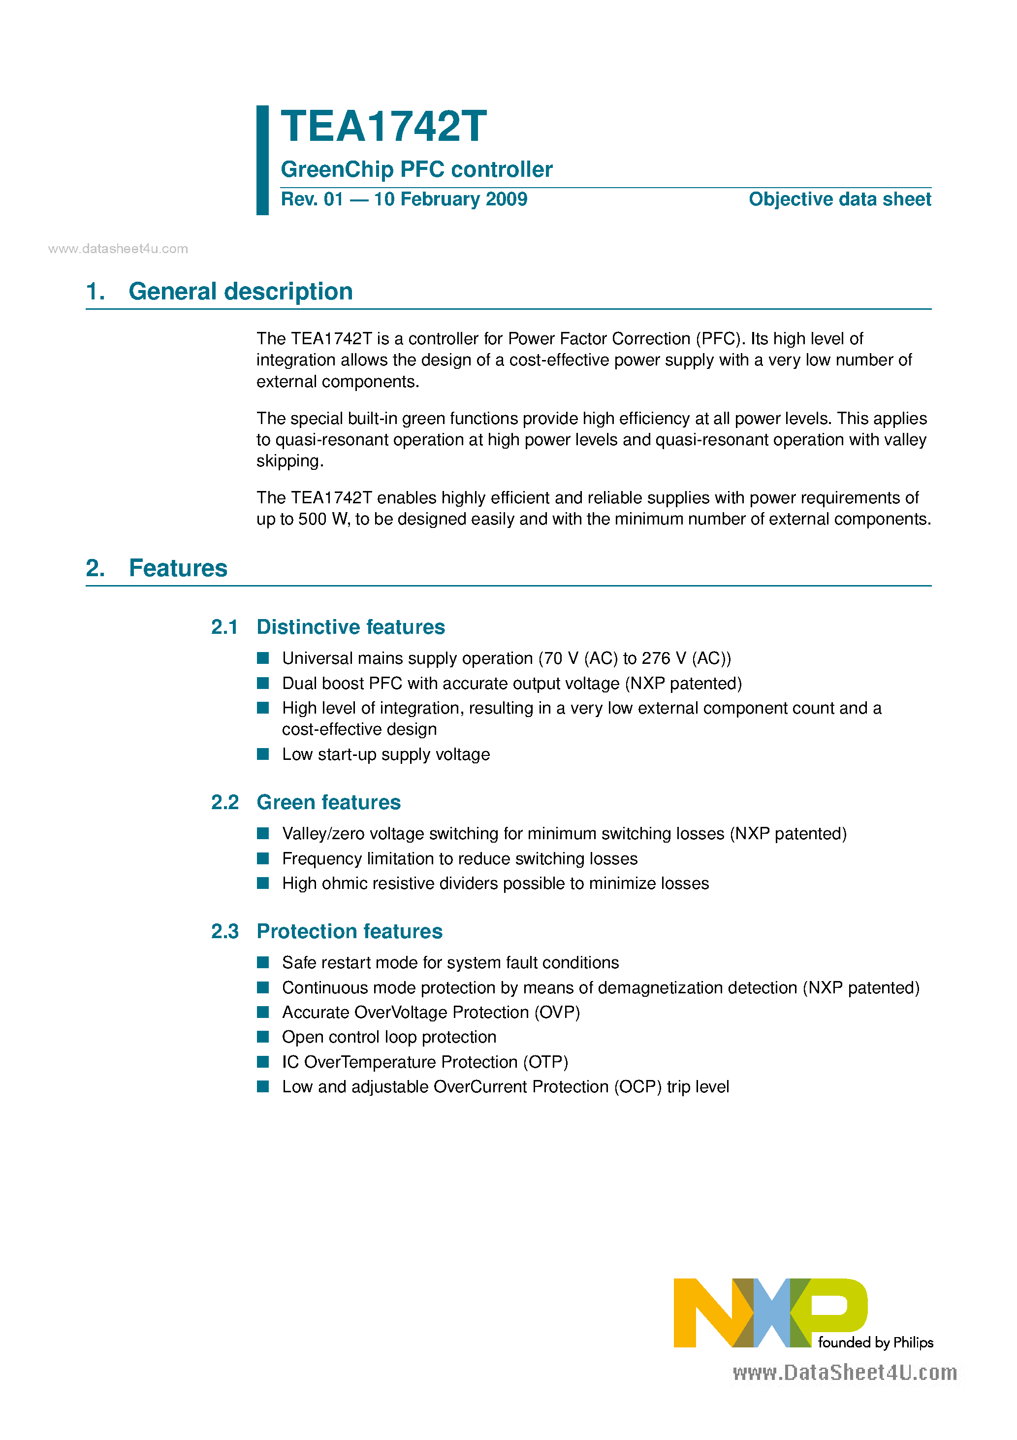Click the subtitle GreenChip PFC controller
point(416,169)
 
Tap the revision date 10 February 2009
point(450,199)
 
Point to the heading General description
point(240,292)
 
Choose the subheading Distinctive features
point(350,627)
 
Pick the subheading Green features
point(328,802)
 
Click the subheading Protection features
point(349,931)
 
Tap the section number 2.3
point(224,931)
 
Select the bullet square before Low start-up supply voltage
point(263,754)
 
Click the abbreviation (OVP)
point(557,1012)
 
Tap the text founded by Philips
point(875,1342)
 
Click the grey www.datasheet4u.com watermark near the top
point(118,249)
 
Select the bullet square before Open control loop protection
point(263,1037)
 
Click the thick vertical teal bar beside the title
point(263,160)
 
